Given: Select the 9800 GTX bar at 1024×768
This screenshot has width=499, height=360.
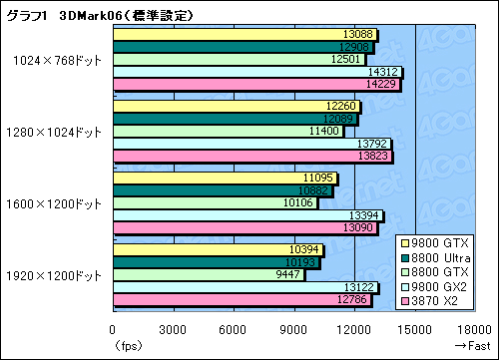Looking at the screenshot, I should click(245, 33).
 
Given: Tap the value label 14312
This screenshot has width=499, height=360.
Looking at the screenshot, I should click(383, 72).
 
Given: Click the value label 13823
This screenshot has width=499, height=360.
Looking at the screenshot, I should click(375, 158).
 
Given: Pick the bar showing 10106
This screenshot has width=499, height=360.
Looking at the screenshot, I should click(215, 203).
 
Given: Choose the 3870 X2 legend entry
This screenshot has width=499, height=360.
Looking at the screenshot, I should click(437, 299).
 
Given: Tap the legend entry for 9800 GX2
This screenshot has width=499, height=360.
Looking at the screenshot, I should click(437, 286).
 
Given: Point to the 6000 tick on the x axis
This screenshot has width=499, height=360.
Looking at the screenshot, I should click(234, 330).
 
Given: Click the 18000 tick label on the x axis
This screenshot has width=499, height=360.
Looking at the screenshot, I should click(475, 330).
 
